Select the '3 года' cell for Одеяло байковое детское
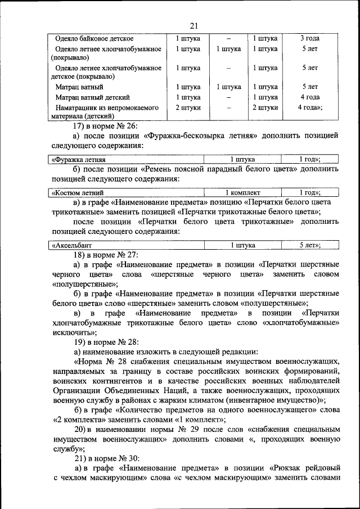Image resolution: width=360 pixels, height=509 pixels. coord(309,39)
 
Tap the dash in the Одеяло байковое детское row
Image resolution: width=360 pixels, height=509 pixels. coord(229,39)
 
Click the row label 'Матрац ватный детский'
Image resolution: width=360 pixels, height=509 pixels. coord(93,97)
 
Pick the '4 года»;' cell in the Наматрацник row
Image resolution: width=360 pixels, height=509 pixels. coord(310,107)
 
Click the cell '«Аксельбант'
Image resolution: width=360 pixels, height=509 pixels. coord(71,245)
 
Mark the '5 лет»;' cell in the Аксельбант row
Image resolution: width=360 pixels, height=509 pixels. coord(309,245)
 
